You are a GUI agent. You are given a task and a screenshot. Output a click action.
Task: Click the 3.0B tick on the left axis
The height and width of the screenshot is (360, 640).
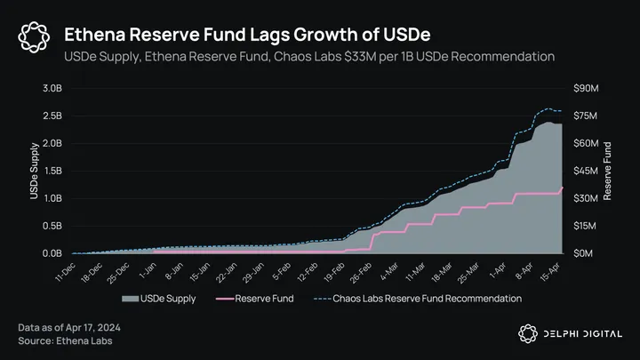coord(49,89)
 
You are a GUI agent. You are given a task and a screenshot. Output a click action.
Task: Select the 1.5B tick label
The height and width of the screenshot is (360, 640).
coord(49,171)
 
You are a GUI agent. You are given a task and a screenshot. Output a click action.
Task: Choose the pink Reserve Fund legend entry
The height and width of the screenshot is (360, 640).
coord(257,299)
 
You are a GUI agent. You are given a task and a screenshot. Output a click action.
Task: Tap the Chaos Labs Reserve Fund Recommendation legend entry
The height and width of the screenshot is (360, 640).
coord(417,299)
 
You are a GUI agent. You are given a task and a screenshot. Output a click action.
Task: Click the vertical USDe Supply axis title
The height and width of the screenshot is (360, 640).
coord(35,171)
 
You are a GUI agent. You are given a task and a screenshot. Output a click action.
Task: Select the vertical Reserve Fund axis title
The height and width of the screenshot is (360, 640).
coord(608,171)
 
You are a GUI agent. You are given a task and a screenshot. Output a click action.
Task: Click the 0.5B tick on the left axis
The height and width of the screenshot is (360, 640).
coord(49,226)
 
